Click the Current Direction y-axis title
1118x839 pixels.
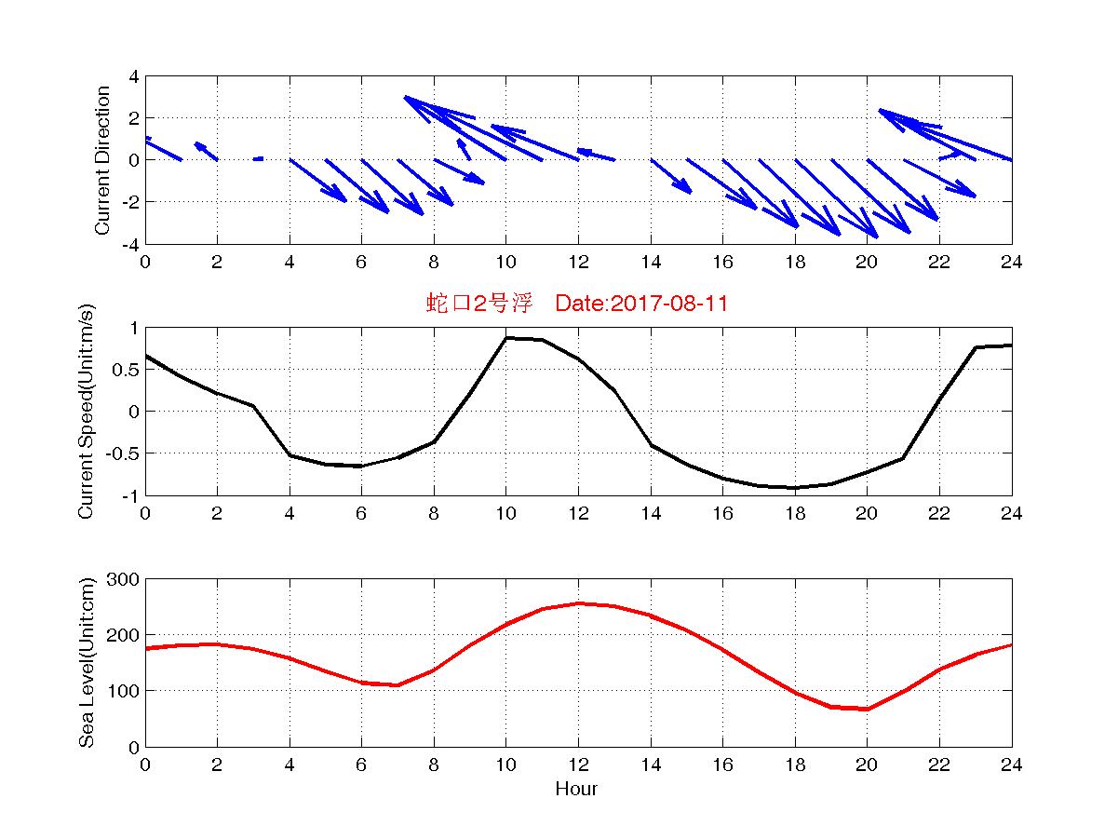(103, 160)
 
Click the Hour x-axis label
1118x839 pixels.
(576, 790)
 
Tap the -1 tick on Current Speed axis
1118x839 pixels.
(130, 495)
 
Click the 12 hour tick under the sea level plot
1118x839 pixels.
(578, 765)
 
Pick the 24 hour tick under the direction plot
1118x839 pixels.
(1011, 263)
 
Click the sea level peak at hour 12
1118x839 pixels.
(578, 603)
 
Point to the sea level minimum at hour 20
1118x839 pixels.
(867, 710)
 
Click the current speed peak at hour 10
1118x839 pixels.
(505, 337)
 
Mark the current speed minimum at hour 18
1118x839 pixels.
(794, 488)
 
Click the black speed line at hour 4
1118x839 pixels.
(290, 455)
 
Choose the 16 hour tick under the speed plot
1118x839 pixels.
(722, 514)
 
